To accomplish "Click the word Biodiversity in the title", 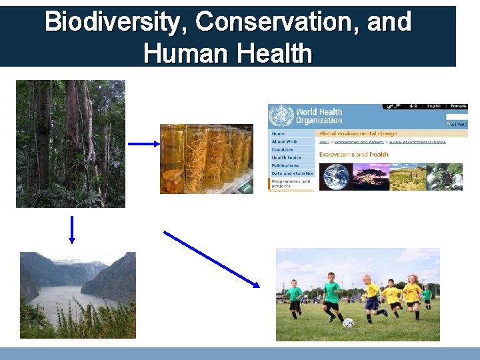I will tap(117, 22).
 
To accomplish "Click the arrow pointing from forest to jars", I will tap(143, 143).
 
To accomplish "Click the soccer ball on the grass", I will tap(348, 322).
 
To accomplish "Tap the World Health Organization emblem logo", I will tap(281, 115).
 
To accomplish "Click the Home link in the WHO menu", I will tap(278, 134).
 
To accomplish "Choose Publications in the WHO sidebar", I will tap(285, 165).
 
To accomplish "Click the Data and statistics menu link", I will tap(290, 173).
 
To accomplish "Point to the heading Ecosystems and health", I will tap(353, 155).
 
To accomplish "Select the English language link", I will tap(434, 106).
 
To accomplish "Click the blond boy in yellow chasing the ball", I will tap(371, 297).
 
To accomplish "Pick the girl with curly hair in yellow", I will tap(413, 293).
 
